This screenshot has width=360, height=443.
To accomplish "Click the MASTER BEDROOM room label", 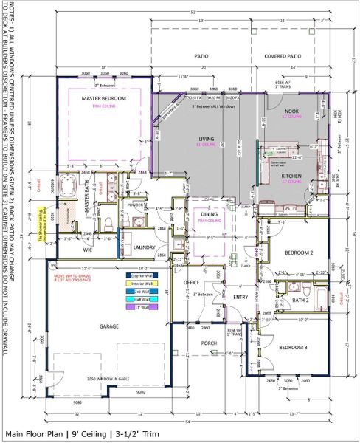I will pos(104,98).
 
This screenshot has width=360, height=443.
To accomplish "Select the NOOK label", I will pos(292,111).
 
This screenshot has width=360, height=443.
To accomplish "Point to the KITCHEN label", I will pos(291,174).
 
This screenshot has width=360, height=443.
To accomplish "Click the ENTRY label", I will pos(240,297).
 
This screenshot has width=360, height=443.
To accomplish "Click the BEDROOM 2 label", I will pos(298,253).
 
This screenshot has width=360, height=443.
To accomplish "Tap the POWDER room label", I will pos(135,205).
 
